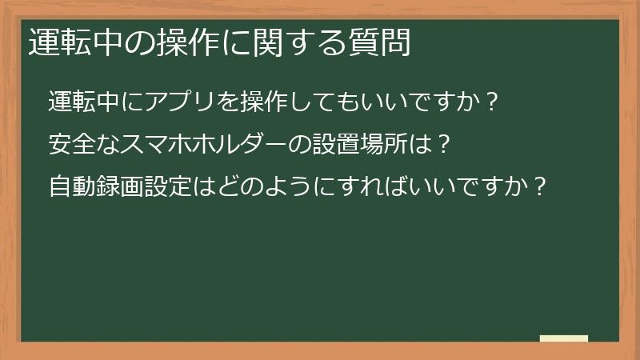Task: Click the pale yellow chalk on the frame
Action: pos(564,338)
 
